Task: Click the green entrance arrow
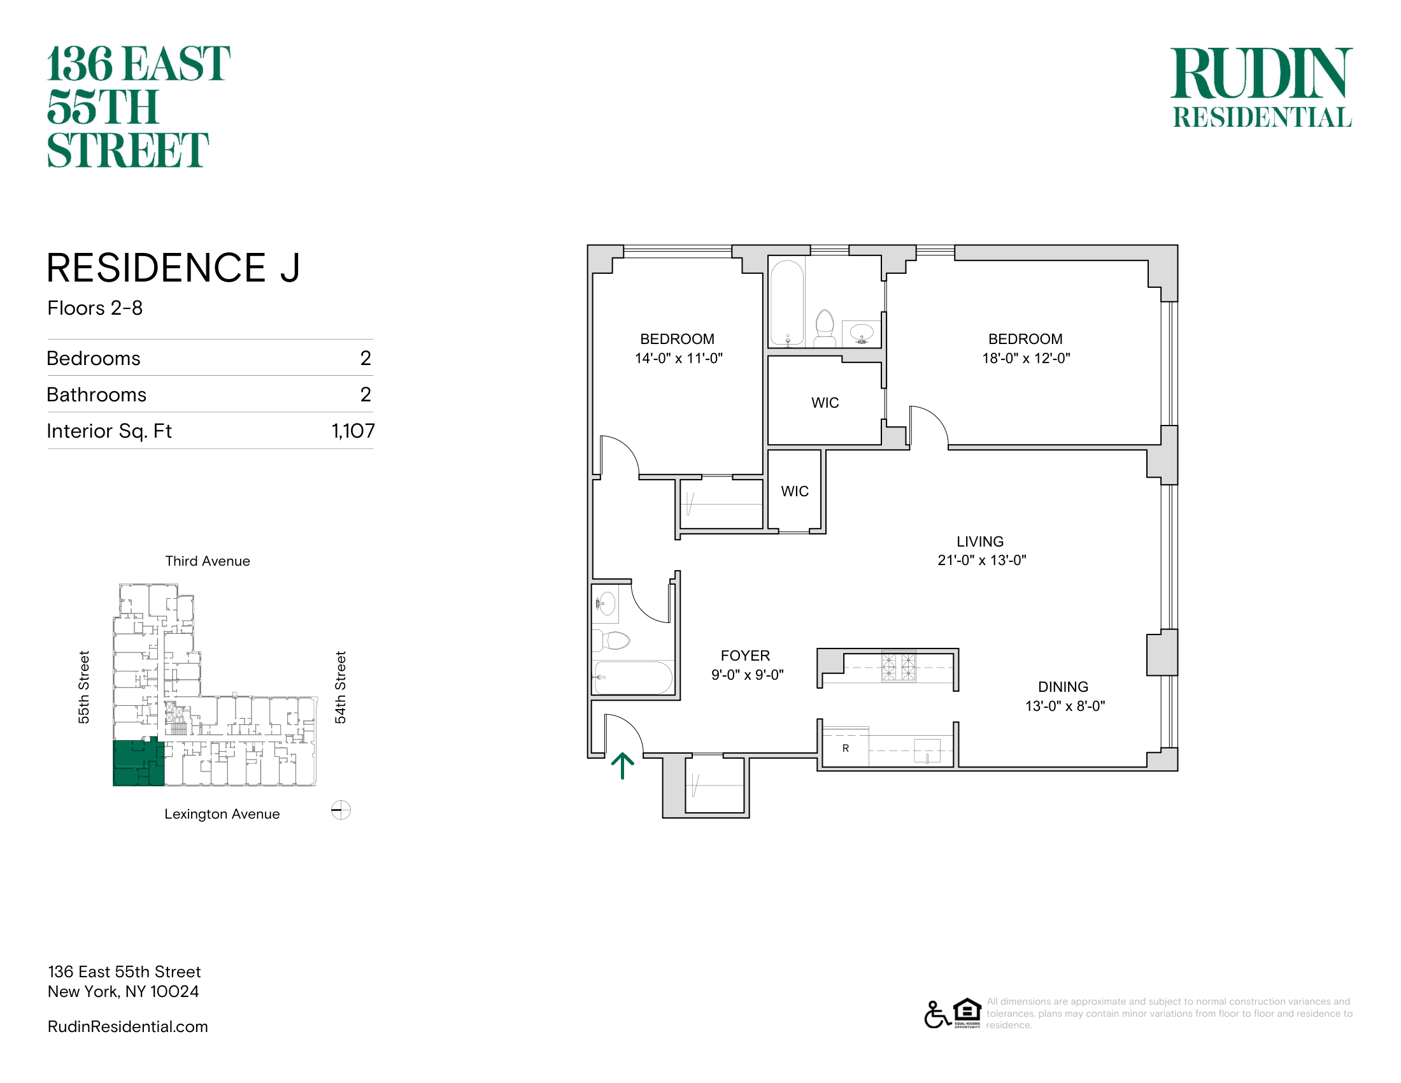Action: coord(622,765)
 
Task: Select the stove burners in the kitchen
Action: coord(898,666)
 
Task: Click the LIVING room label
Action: coord(980,541)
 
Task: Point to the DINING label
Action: coord(1063,687)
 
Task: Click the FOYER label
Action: coord(745,656)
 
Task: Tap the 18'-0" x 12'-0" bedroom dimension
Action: coord(1027,358)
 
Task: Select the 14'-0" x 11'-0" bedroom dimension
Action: coord(679,358)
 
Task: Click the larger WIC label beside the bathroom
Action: coord(825,403)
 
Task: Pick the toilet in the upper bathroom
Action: coord(824,328)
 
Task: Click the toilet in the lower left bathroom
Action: coord(613,640)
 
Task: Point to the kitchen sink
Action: coord(927,750)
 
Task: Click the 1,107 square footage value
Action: coord(353,431)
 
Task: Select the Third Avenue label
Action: coord(208,561)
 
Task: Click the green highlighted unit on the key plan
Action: coord(139,762)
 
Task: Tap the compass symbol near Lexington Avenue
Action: coord(341,810)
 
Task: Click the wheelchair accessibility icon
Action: coord(937,1014)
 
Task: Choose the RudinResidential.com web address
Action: coord(127,1026)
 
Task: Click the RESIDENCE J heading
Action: coord(173,268)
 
